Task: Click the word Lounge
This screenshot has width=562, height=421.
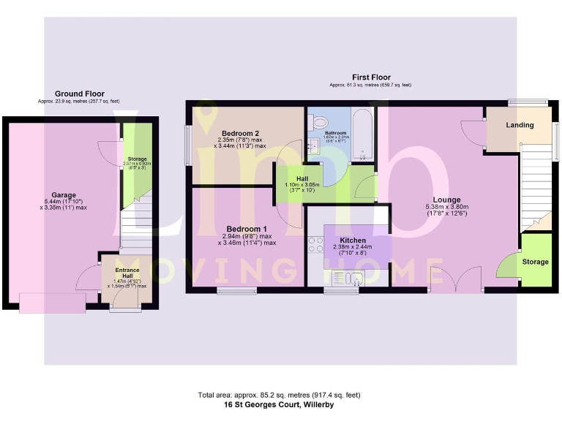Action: (446, 200)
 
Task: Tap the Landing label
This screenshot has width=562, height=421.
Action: (520, 125)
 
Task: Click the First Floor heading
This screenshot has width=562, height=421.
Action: (370, 77)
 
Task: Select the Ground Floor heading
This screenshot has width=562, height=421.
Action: (80, 94)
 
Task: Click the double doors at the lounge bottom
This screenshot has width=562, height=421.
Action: (455, 280)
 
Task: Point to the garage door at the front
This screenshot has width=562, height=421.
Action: (52, 303)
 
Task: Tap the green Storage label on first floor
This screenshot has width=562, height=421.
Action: (535, 262)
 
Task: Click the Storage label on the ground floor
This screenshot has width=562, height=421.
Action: (137, 159)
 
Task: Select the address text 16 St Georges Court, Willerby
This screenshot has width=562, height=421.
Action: (278, 403)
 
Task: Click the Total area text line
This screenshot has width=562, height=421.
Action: (278, 395)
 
